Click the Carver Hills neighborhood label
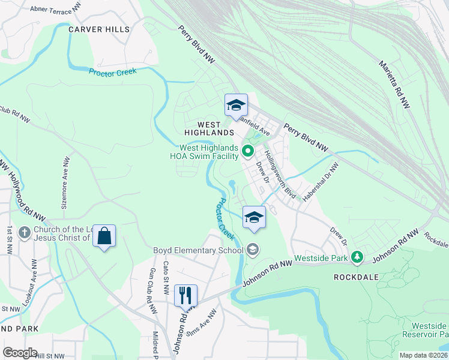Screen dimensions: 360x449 point(98,29)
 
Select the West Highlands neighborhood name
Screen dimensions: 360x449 point(208,127)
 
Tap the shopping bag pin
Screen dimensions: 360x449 point(104,236)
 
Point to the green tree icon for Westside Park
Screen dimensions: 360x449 point(358,256)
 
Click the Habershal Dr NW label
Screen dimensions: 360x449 point(322,179)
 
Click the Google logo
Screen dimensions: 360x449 point(20,353)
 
